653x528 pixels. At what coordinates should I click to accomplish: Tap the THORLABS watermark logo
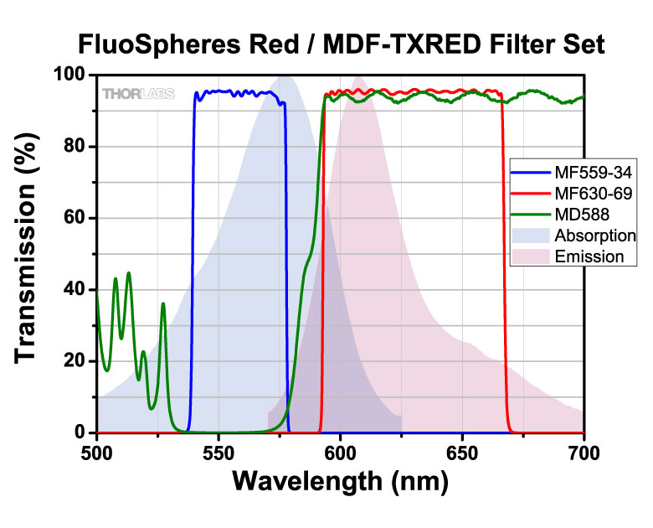coord(138,94)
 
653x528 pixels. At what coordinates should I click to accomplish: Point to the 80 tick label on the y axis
coord(75,147)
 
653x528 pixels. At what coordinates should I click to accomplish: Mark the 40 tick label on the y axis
coord(75,290)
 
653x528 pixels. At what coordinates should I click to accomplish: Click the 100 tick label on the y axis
coord(69,75)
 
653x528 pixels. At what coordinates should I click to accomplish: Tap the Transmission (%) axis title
coord(28,253)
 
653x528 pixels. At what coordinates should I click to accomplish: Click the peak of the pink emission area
coord(358,79)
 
